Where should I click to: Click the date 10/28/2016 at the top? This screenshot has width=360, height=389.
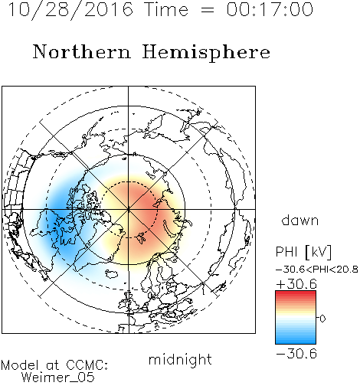pyautogui.click(x=70, y=10)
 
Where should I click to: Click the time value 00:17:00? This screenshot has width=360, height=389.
pyautogui.click(x=270, y=9)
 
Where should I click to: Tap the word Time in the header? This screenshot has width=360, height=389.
pyautogui.click(x=166, y=9)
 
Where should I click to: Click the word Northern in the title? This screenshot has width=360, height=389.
pyautogui.click(x=81, y=51)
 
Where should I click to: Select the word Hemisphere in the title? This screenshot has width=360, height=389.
pyautogui.click(x=206, y=53)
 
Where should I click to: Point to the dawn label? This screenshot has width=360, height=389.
pyautogui.click(x=300, y=220)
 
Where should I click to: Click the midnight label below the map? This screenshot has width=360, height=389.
pyautogui.click(x=180, y=359)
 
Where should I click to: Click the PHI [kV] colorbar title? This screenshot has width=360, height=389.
pyautogui.click(x=303, y=252)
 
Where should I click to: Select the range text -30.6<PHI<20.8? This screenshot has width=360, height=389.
pyautogui.click(x=317, y=270)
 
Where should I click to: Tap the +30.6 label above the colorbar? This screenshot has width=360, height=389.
pyautogui.click(x=296, y=284)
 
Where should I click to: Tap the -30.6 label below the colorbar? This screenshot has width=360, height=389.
pyautogui.click(x=296, y=354)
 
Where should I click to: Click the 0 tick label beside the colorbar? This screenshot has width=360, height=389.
pyautogui.click(x=322, y=319)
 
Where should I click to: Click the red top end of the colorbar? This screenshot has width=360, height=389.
pyautogui.click(x=296, y=293)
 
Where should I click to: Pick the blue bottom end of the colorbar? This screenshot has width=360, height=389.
pyautogui.click(x=296, y=342)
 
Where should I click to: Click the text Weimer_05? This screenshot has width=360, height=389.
pyautogui.click(x=58, y=378)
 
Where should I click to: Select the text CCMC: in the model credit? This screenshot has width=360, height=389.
pyautogui.click(x=87, y=365)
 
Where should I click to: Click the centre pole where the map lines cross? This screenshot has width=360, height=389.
pyautogui.click(x=129, y=209)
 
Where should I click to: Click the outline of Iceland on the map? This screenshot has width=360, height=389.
pyautogui.click(x=111, y=273)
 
